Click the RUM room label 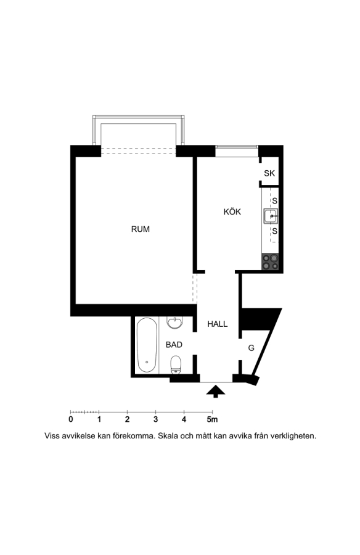[x=140, y=229]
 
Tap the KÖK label [x=232, y=212]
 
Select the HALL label [x=218, y=324]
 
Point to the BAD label [x=174, y=344]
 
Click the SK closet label [x=269, y=173]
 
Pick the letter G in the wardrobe [x=252, y=348]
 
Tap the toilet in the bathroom [x=176, y=365]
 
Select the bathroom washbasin [x=174, y=323]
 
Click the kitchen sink [x=271, y=216]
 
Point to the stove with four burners [x=270, y=262]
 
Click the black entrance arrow [x=216, y=392]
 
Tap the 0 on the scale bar [x=71, y=419]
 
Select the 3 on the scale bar [x=155, y=419]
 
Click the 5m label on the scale [x=212, y=419]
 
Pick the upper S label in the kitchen [x=275, y=200]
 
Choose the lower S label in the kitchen [x=275, y=231]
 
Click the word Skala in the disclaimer [x=168, y=436]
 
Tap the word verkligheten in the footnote [x=293, y=436]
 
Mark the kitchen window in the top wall [x=237, y=151]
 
